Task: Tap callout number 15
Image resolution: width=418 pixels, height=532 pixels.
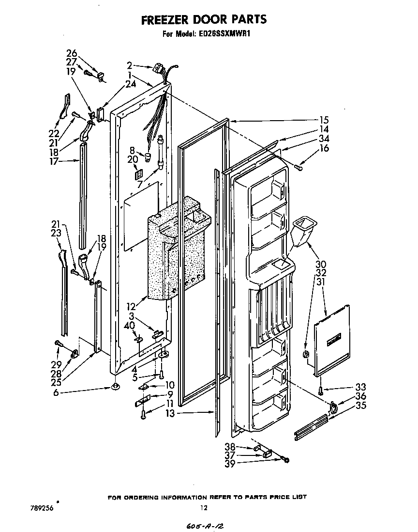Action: (324, 120)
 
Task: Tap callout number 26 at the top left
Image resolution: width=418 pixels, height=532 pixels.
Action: (71, 53)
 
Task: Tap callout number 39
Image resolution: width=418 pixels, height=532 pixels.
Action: (230, 464)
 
